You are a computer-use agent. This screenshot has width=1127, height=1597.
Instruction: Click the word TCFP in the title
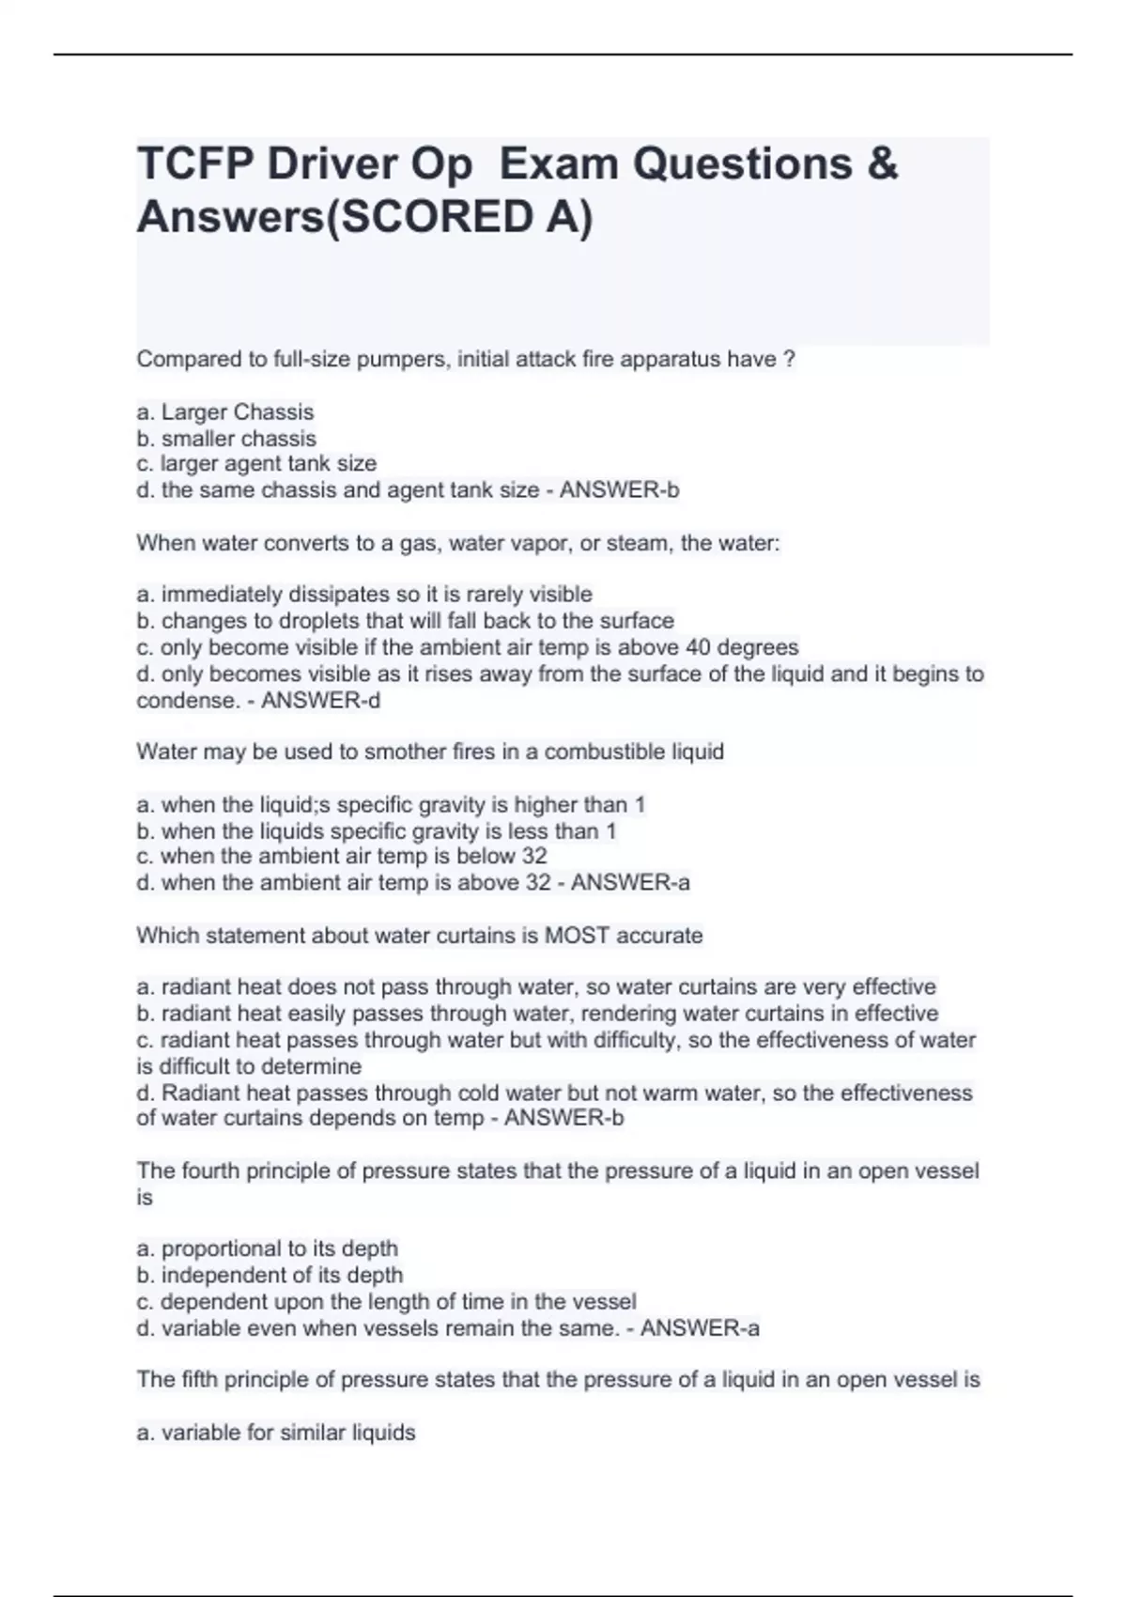click(x=194, y=164)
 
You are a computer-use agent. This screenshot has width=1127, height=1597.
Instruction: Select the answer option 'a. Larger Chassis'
click(x=225, y=412)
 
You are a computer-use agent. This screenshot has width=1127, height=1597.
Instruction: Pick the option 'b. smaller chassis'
click(x=226, y=439)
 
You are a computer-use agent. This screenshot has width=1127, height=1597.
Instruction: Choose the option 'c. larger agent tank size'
click(x=256, y=464)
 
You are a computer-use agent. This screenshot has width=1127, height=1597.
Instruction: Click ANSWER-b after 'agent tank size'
click(x=619, y=490)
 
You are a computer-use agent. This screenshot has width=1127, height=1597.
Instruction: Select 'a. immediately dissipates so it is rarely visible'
click(x=364, y=595)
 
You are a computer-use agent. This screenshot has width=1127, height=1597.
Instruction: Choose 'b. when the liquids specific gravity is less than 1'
click(x=377, y=831)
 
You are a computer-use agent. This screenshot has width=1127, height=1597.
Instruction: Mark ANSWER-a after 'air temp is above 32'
click(x=630, y=883)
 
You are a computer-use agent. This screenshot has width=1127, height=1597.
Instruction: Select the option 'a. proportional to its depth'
click(x=268, y=1249)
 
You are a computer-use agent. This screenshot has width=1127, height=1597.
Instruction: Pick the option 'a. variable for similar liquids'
click(x=276, y=1434)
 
